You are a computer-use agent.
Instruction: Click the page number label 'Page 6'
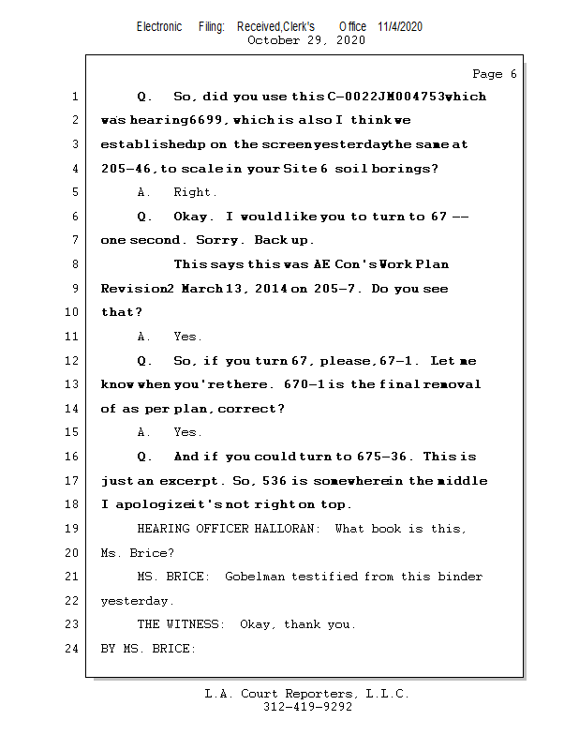click(x=494, y=74)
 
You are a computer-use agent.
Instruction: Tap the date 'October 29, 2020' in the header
click(x=305, y=40)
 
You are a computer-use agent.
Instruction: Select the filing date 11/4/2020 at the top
click(x=400, y=26)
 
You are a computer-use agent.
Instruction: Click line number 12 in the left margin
click(x=74, y=361)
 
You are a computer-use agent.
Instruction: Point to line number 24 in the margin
click(x=74, y=648)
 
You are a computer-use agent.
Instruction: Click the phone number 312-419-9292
click(x=307, y=708)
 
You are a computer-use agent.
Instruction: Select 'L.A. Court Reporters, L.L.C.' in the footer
click(x=306, y=695)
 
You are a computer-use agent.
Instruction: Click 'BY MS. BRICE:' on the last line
click(x=148, y=648)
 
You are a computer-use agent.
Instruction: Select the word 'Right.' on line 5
click(x=195, y=193)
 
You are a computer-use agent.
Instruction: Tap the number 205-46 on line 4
click(x=127, y=170)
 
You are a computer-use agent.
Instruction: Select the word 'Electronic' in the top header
click(x=159, y=26)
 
